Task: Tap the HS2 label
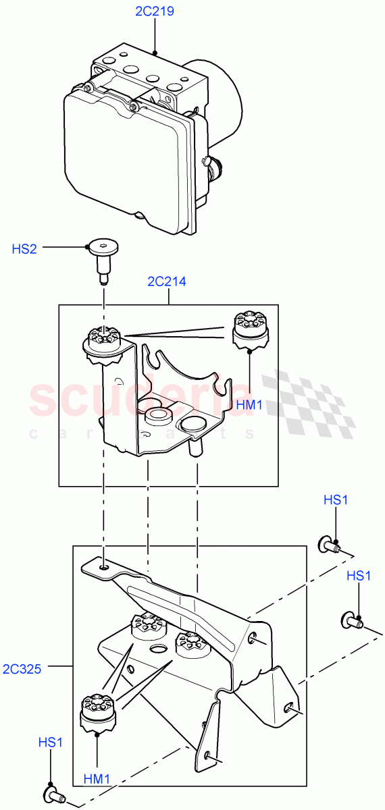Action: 24,248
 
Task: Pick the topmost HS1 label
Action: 336,500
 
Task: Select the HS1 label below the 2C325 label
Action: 51,742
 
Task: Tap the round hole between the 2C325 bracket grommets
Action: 159,649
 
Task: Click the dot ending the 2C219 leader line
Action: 155,52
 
